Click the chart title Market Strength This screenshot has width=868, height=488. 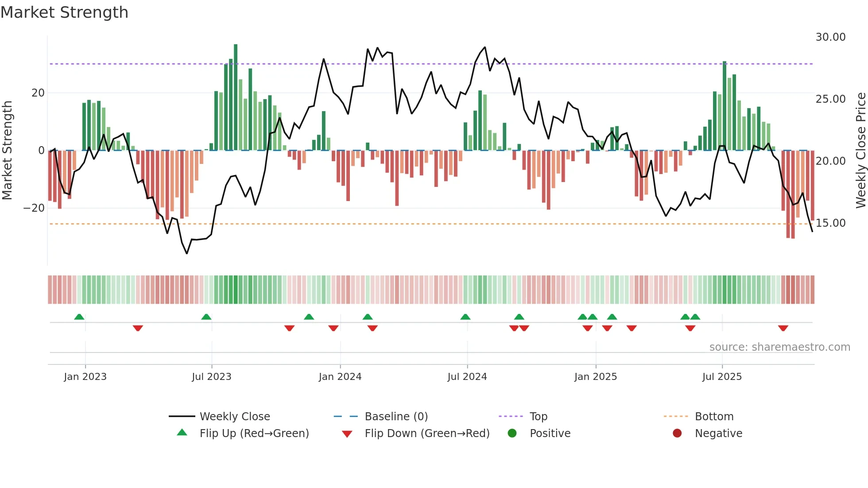64,12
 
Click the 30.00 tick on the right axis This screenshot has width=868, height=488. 830,37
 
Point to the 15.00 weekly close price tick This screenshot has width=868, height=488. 830,223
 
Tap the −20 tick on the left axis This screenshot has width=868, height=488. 34,208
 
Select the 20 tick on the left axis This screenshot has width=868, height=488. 38,93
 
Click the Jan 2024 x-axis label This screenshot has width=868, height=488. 340,377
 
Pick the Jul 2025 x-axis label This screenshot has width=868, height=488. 721,377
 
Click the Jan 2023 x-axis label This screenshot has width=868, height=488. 85,377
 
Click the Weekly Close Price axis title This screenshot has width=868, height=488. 860,151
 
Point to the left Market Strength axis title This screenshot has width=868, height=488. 7,151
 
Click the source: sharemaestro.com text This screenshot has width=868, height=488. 779,347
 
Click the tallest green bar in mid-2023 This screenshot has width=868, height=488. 236,97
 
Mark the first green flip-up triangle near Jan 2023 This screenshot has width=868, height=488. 79,317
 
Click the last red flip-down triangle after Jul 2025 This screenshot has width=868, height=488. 783,328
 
